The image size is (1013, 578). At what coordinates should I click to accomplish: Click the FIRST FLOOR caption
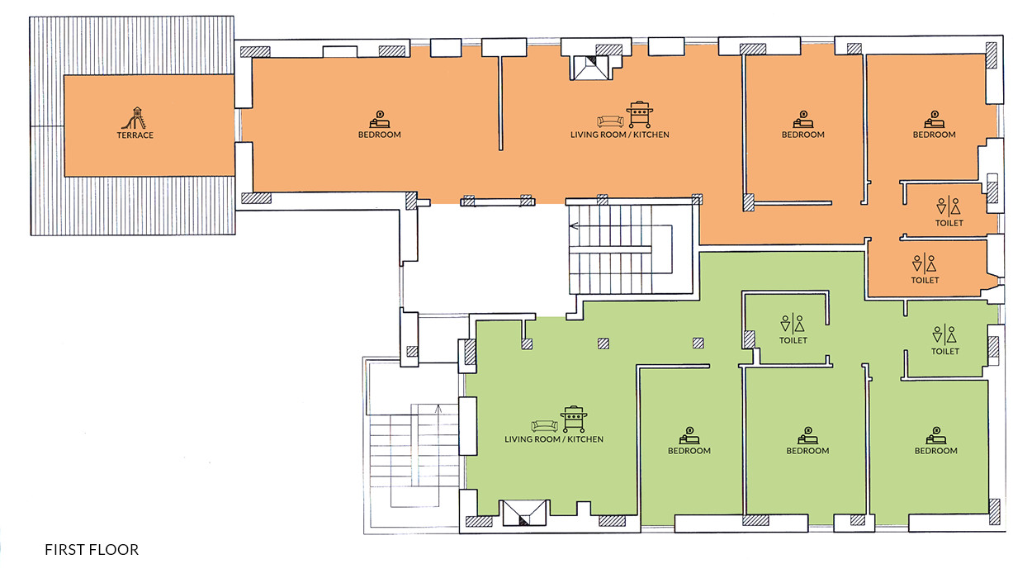[92, 549]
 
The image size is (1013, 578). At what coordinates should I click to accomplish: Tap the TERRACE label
[135, 135]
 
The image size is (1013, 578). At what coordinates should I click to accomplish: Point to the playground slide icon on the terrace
[135, 118]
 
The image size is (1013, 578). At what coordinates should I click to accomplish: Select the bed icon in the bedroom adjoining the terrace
[380, 120]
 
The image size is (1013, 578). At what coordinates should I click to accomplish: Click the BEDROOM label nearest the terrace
[380, 135]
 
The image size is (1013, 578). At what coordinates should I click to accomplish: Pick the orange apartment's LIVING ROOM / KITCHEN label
[619, 135]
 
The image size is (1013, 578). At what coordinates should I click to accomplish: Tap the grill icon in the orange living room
[640, 115]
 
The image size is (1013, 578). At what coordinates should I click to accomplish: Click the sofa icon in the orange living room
[610, 121]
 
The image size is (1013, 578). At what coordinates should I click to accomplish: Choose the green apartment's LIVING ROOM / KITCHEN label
[553, 439]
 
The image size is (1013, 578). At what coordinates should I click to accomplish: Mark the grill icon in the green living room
[574, 419]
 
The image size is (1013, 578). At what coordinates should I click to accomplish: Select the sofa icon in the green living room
[545, 425]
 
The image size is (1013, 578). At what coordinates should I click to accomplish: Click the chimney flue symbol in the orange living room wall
[590, 68]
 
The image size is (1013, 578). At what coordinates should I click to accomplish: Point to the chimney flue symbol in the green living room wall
[524, 513]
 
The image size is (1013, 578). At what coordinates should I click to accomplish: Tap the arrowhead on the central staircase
[574, 225]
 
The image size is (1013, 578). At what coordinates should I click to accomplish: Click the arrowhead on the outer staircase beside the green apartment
[438, 409]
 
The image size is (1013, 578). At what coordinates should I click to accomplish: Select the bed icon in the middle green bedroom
[807, 436]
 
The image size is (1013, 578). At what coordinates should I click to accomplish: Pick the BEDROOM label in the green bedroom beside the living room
[689, 451]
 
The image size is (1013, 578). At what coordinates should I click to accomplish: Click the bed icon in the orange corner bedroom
[935, 120]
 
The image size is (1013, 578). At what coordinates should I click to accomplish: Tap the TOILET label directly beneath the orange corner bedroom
[949, 223]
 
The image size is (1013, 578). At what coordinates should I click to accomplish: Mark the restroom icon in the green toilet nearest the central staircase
[793, 324]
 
